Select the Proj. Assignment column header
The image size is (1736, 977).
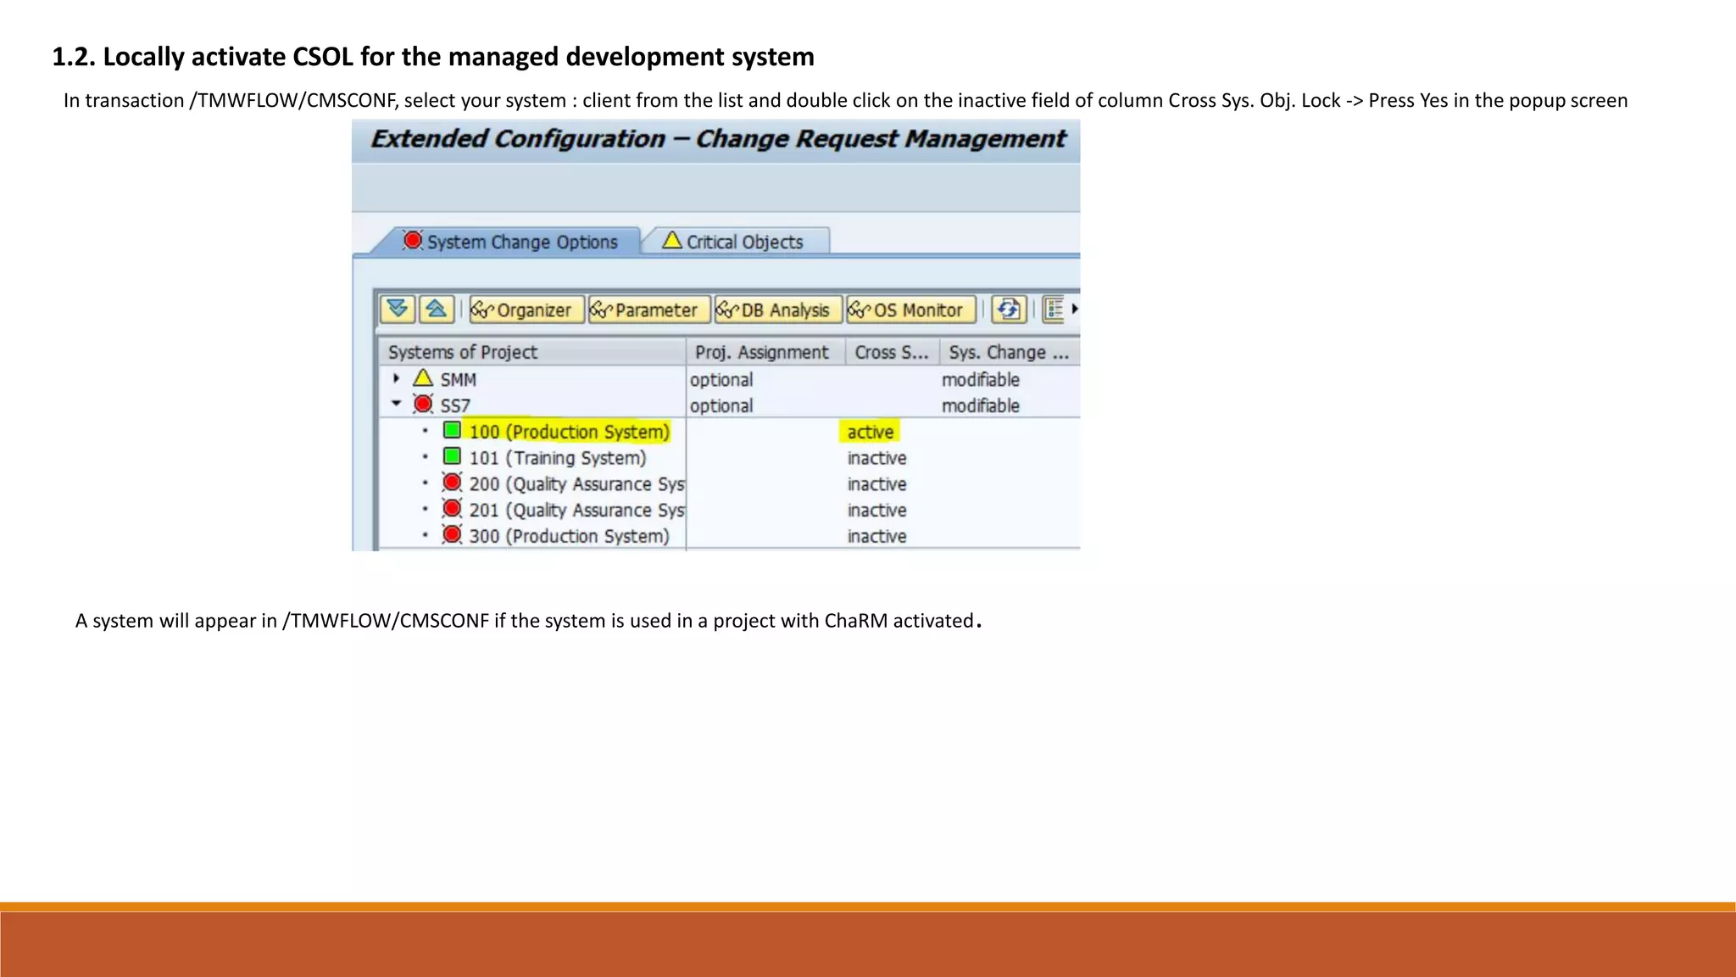coord(762,352)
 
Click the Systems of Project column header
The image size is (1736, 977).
coord(463,352)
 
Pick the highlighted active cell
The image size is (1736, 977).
coord(871,432)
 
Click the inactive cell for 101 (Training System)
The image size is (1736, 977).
coord(876,458)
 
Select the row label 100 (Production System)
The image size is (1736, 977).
coord(569,432)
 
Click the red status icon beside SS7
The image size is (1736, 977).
coord(423,404)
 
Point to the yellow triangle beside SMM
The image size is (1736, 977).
coord(423,378)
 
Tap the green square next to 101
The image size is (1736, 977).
coord(453,456)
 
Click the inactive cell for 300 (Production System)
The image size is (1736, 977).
coord(876,536)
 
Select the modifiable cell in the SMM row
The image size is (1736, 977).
coord(980,379)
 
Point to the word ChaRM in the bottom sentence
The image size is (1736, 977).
coord(855,621)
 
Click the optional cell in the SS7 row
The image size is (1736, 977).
coord(721,405)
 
